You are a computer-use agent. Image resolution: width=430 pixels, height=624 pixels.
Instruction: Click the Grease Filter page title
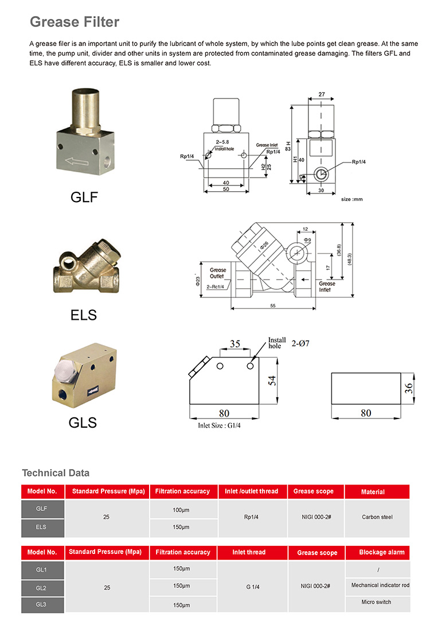pos(75,22)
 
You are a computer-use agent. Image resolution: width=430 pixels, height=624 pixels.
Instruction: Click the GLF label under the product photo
pos(84,197)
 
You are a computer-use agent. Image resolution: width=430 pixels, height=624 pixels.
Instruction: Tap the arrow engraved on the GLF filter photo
pos(77,161)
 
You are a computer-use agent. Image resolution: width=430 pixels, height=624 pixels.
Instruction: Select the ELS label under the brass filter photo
pos(84,315)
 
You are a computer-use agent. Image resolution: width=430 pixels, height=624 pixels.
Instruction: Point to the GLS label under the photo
pos(83,423)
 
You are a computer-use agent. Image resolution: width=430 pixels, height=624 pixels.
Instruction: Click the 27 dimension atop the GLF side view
pos(322,94)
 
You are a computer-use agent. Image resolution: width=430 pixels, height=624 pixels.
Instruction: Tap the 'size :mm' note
pos(351,199)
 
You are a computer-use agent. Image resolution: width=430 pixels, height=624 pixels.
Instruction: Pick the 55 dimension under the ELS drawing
pos(273,305)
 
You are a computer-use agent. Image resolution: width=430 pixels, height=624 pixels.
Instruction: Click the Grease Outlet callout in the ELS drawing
pos(217,273)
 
